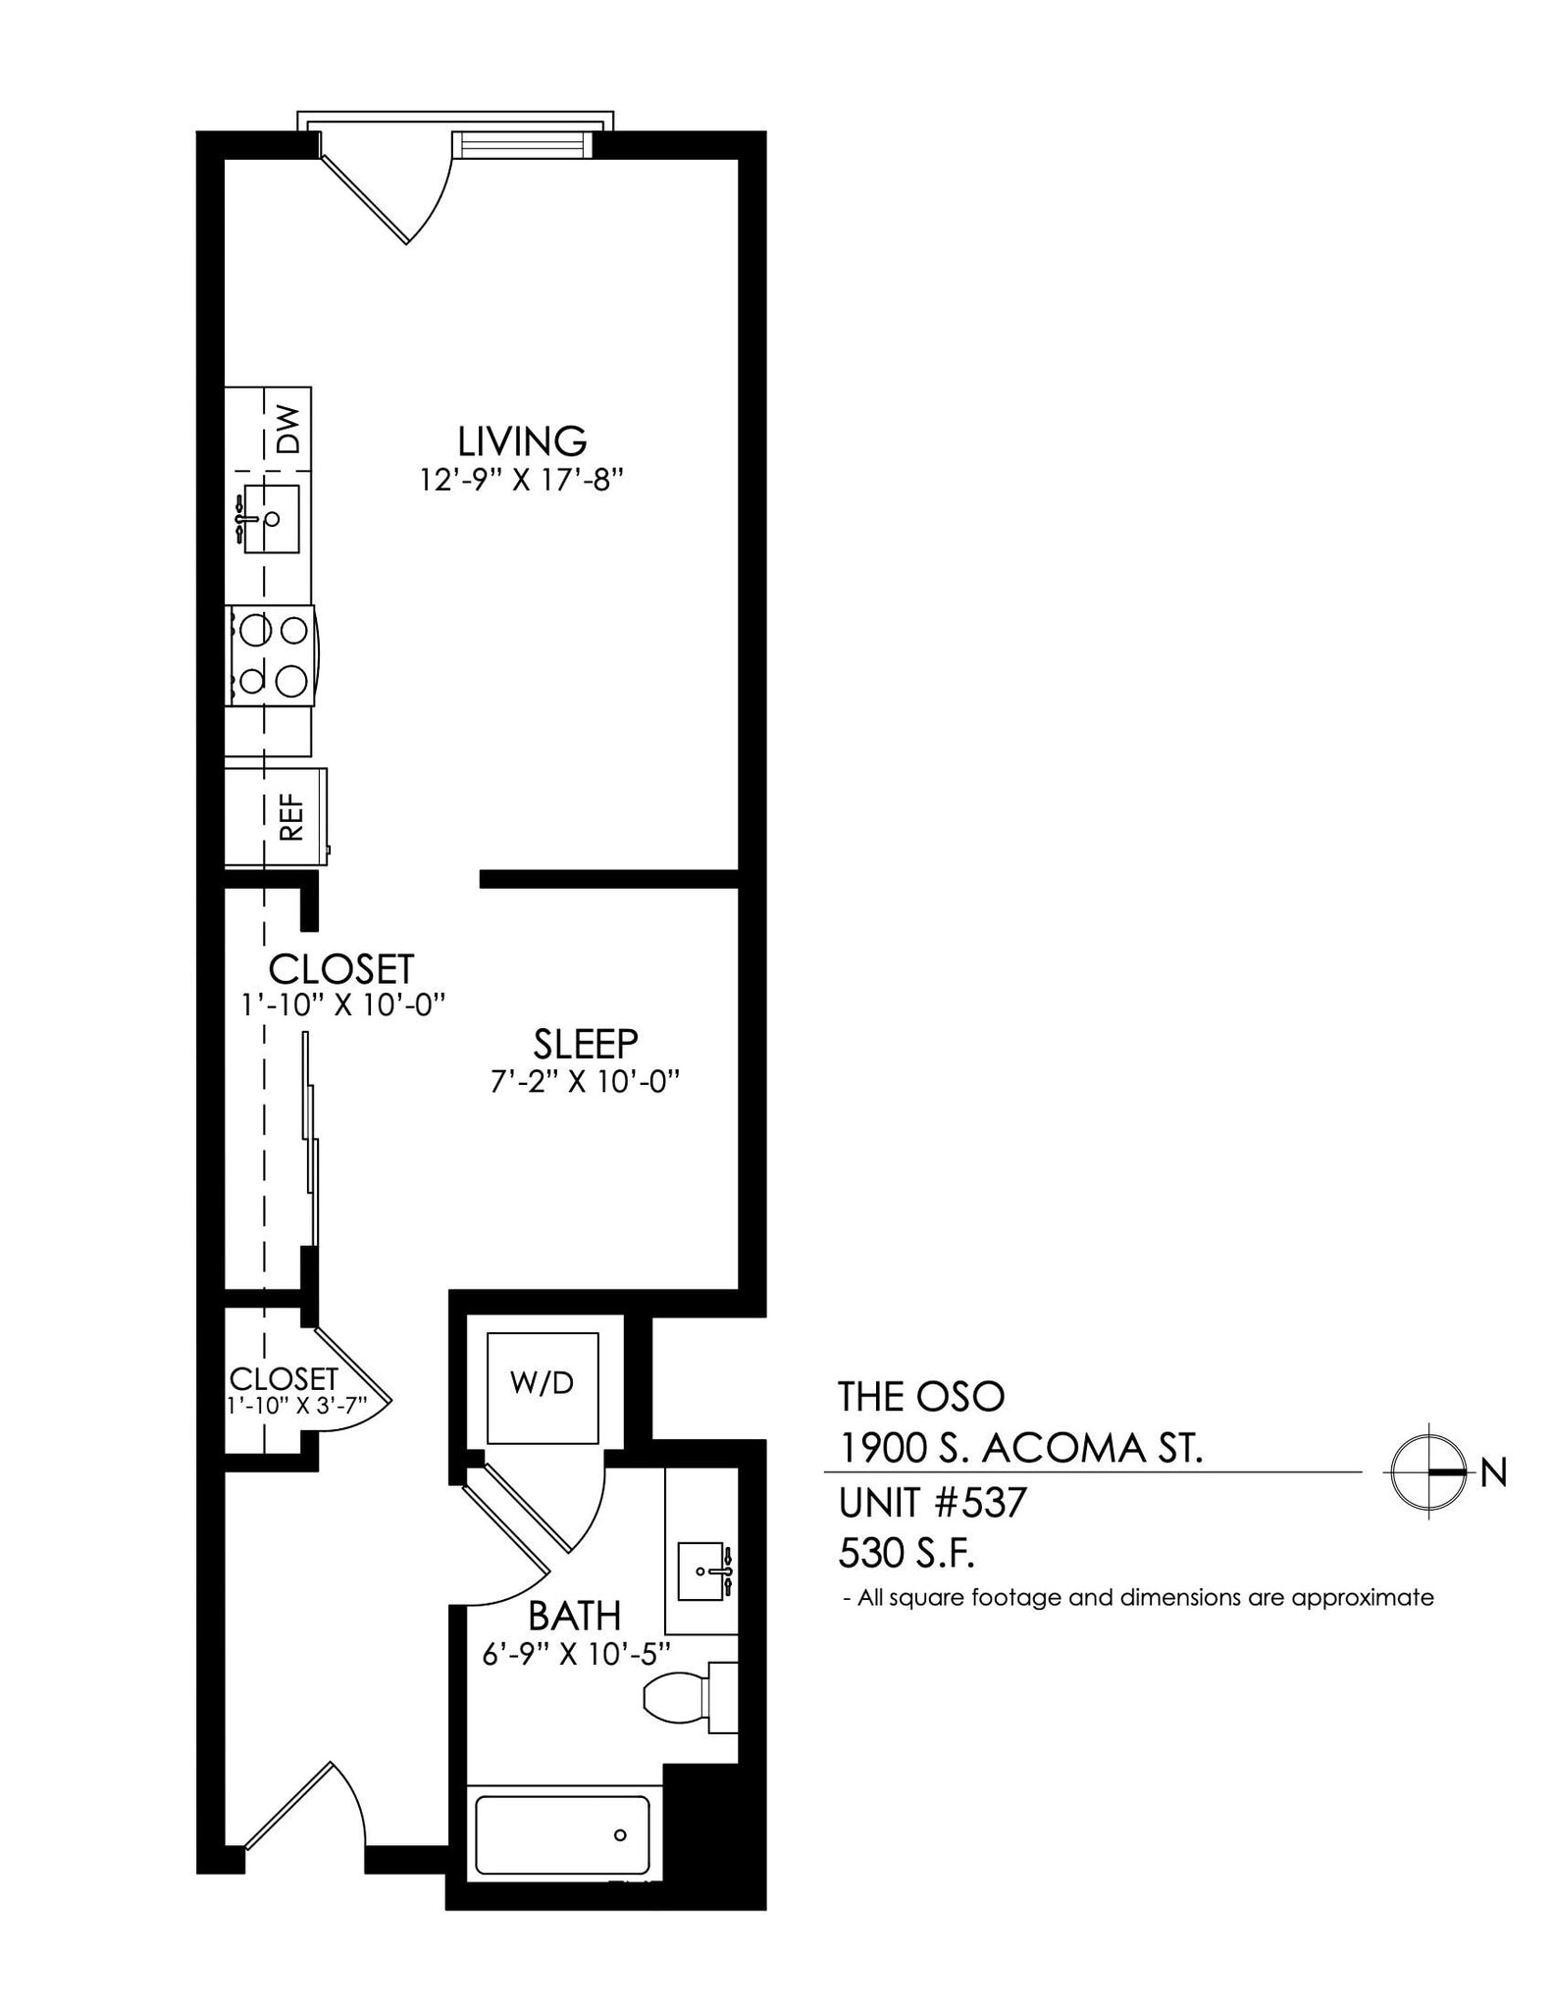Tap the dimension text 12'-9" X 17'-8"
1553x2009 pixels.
click(522, 481)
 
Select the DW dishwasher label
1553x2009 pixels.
click(288, 430)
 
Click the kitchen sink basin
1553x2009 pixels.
click(272, 519)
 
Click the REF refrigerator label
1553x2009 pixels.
click(291, 816)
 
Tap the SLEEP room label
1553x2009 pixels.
click(586, 1043)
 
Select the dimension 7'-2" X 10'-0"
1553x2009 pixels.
click(586, 1082)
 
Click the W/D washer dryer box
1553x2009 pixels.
click(543, 1387)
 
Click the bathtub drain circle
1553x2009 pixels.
click(619, 1835)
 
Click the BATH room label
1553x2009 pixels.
click(574, 1615)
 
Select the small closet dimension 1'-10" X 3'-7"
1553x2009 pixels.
click(295, 1404)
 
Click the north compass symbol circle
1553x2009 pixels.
click(1428, 1472)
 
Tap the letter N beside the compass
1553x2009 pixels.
click(1493, 1473)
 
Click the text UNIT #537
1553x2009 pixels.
click(932, 1503)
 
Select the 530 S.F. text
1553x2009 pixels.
click(906, 1554)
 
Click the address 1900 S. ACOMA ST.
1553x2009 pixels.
click(1020, 1448)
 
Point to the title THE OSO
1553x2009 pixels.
click(920, 1395)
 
